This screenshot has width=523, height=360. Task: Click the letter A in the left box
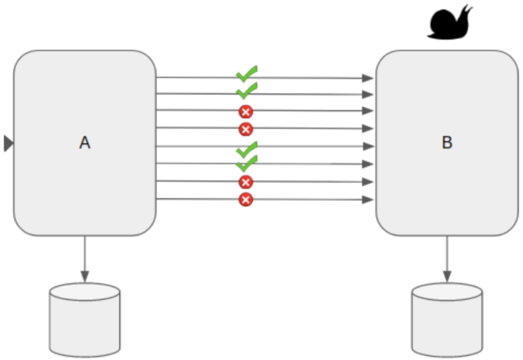click(x=85, y=143)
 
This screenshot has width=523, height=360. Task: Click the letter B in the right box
click(x=446, y=143)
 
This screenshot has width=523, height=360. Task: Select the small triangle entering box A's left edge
click(x=8, y=143)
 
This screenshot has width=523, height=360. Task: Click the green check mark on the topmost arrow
click(x=246, y=74)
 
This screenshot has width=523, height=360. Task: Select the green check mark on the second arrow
click(x=246, y=91)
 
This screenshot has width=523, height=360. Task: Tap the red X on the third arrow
click(x=246, y=112)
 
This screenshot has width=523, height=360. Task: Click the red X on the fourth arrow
click(x=246, y=129)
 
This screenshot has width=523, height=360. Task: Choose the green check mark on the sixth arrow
click(x=246, y=164)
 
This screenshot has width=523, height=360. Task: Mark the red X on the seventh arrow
click(x=246, y=182)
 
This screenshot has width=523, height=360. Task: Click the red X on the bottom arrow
click(x=246, y=199)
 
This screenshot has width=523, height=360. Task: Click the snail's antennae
click(x=466, y=11)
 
